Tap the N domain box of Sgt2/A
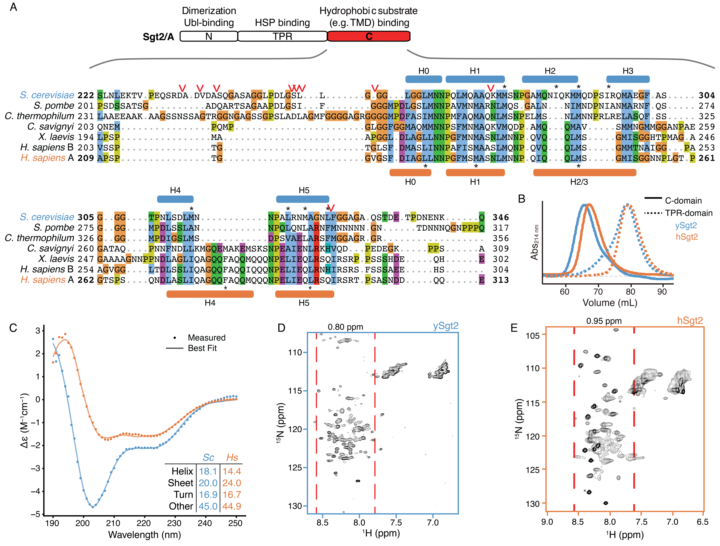point(209,36)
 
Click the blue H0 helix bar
point(423,79)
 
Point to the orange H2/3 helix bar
point(585,172)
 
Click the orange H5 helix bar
point(304,294)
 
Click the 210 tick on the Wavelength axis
point(113,523)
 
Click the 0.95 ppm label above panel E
point(604,321)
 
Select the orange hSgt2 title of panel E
point(690,321)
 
